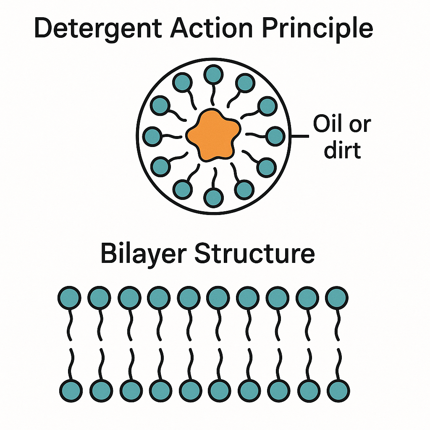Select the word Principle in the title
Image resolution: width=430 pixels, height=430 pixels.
[319, 29]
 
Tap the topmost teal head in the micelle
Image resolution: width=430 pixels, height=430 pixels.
[213, 74]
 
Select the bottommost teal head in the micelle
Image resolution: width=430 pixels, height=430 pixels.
[213, 196]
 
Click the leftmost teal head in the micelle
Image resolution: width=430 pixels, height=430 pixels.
[153, 136]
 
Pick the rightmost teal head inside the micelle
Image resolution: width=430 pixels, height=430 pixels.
[275, 136]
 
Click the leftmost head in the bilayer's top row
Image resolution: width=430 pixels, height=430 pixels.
[69, 298]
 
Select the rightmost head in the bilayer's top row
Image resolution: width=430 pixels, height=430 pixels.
[337, 298]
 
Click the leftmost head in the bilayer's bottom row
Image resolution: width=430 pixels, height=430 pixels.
[69, 390]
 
